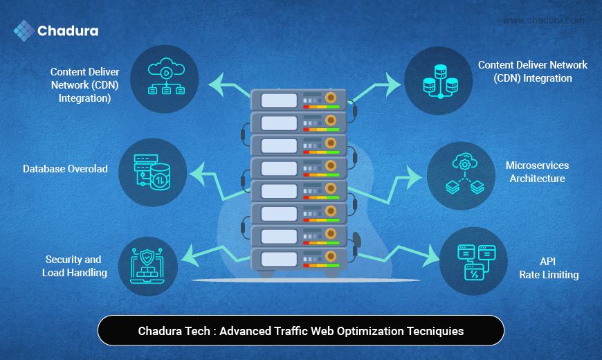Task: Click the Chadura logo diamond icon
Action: point(24,31)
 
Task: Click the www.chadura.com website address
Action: point(543,20)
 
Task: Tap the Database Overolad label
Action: point(65,169)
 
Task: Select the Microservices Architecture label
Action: point(537,172)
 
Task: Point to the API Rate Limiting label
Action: point(549,268)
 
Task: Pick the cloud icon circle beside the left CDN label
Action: point(165,78)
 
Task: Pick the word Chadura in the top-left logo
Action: point(68,31)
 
